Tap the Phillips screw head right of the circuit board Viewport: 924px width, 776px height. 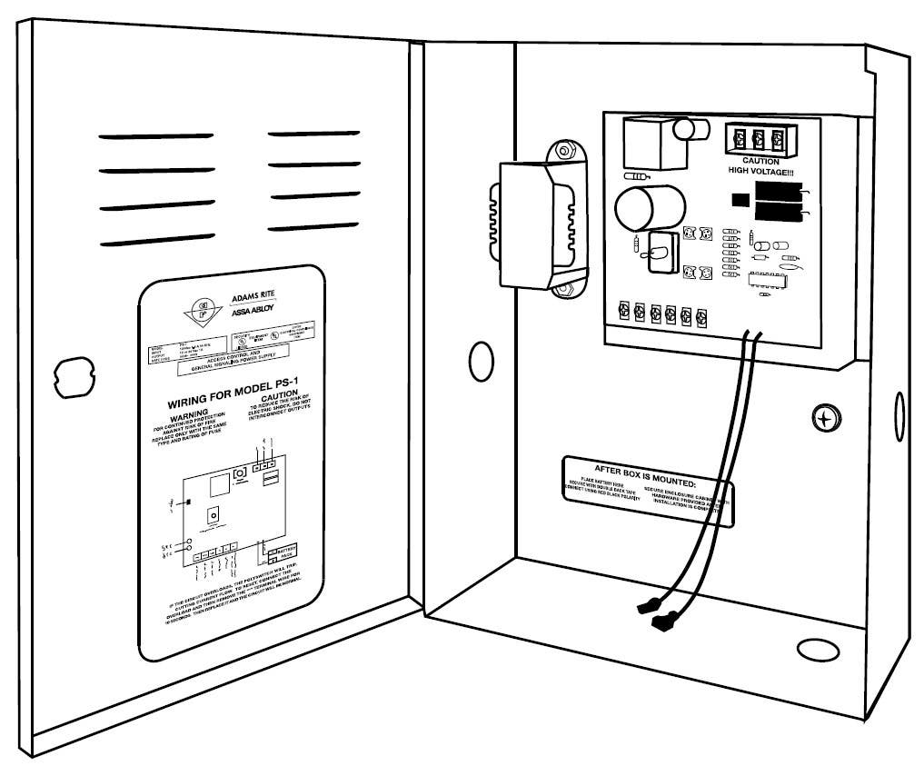823,418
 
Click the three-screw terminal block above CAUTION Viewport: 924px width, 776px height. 756,140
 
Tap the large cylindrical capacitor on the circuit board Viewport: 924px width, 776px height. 641,208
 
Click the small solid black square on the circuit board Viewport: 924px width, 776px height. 739,202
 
